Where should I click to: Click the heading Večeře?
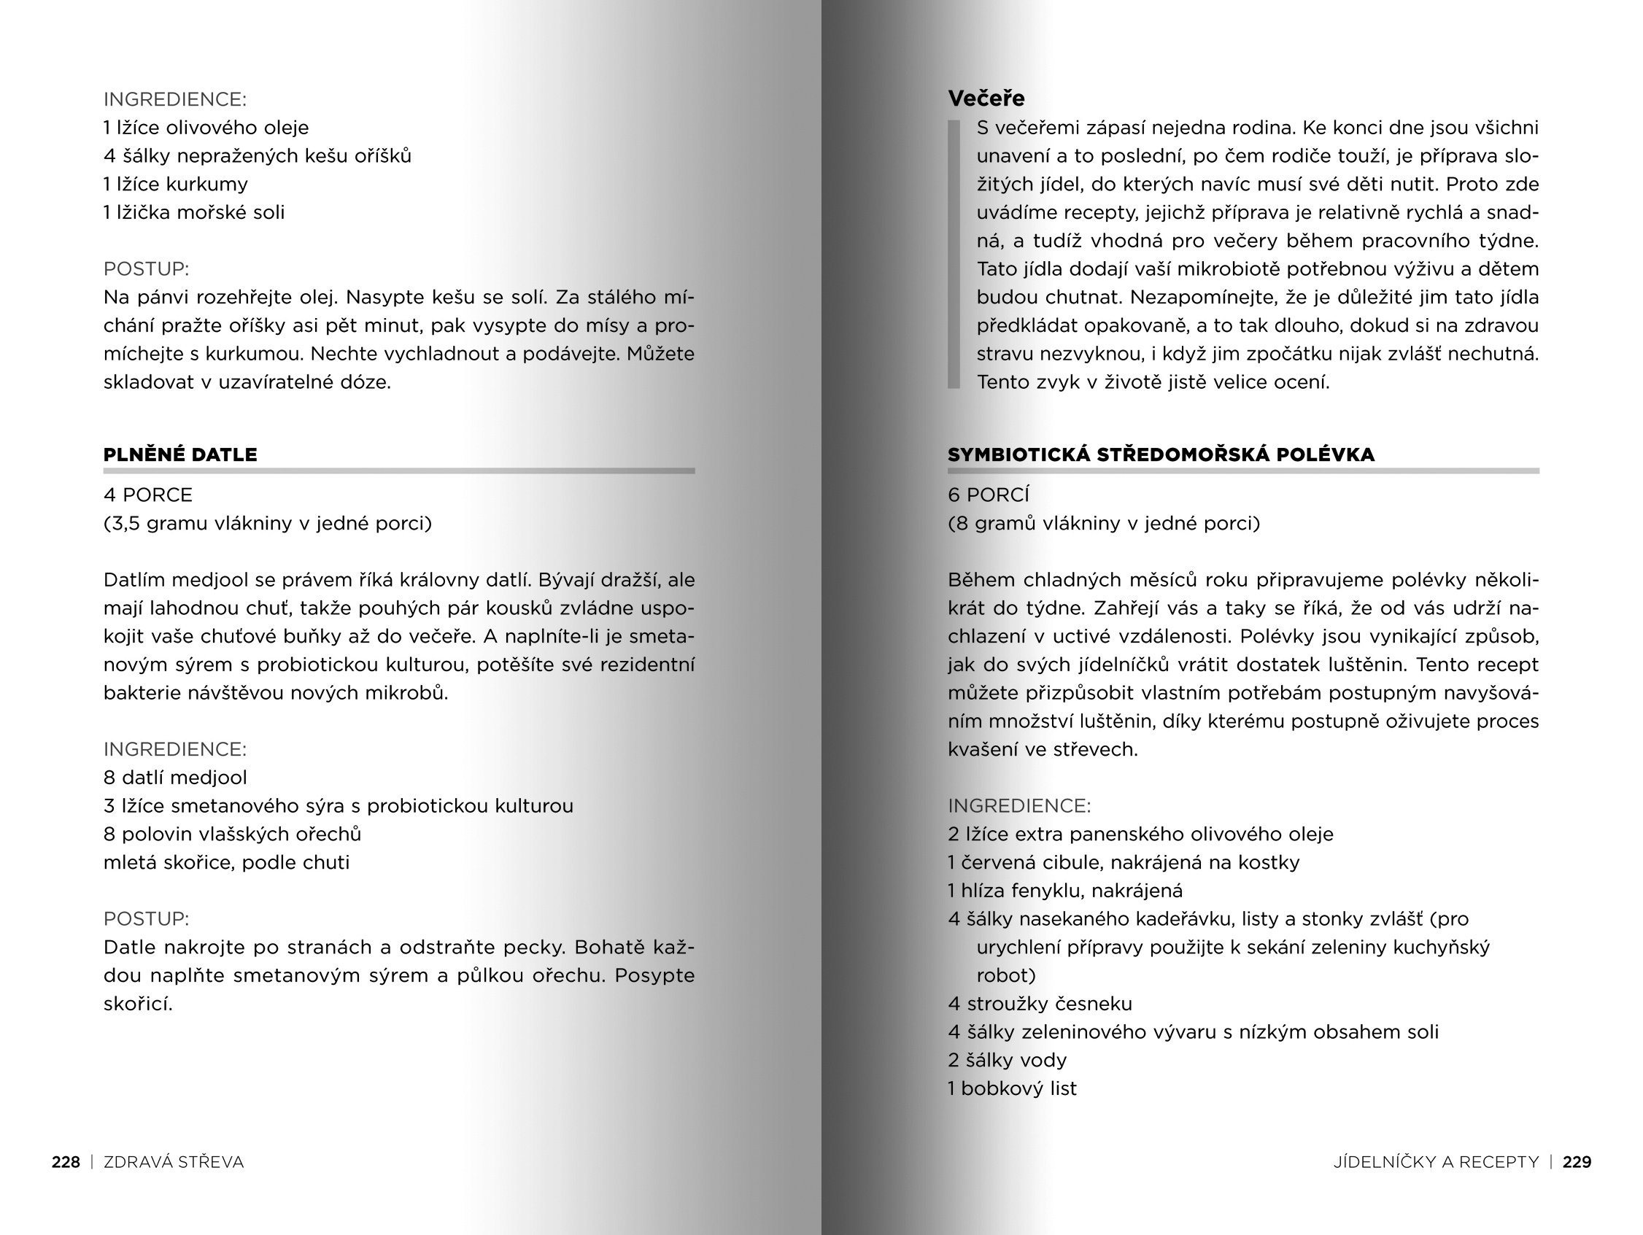[986, 98]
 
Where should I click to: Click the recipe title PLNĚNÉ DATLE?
[180, 454]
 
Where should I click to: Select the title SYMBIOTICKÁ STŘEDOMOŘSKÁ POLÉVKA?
[1161, 454]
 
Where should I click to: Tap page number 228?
[66, 1162]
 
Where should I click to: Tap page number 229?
[1577, 1162]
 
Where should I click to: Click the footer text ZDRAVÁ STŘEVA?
[174, 1162]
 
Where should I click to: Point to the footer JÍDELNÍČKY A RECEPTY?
[1436, 1162]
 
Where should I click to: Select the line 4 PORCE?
[148, 495]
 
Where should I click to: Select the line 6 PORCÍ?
[989, 495]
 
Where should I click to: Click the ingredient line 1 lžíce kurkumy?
[176, 184]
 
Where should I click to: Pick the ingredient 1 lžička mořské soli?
[194, 212]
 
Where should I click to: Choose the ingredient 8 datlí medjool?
[175, 778]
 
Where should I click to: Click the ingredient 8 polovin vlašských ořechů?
[233, 834]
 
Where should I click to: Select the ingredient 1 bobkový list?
[1012, 1088]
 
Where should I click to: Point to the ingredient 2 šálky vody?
[1008, 1061]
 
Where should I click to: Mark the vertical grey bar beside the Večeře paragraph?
[954, 254]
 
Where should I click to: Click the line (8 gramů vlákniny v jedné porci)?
[1104, 524]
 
